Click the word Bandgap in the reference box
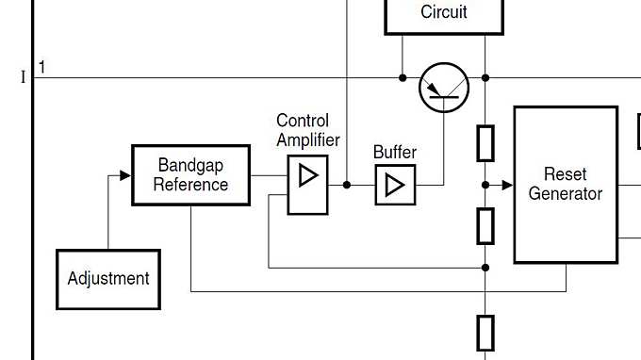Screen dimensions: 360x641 190,165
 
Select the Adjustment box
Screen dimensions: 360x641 108,279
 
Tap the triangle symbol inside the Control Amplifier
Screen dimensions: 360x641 307,176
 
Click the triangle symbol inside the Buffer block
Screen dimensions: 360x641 395,185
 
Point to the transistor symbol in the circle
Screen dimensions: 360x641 444,88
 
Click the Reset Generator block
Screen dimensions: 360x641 566,185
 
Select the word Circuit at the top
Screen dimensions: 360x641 444,12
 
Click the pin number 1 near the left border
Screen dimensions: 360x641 41,67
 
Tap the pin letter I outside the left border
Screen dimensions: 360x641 24,77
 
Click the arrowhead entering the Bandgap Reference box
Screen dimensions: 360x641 125,175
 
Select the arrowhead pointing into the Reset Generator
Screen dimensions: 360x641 507,185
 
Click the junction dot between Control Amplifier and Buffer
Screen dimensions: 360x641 347,185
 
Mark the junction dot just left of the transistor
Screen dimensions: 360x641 403,77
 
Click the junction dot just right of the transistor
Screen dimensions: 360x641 485,77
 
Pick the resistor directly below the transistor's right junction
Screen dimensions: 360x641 485,143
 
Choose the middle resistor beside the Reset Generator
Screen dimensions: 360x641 485,225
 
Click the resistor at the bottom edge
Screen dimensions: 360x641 485,333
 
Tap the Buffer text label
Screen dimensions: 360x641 395,152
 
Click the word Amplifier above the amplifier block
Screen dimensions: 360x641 308,139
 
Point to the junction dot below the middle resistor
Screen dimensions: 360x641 485,268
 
